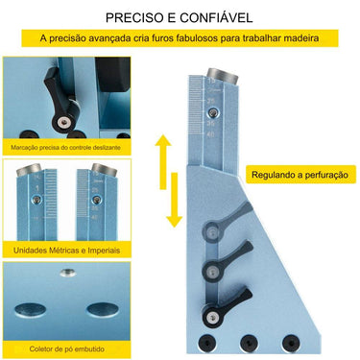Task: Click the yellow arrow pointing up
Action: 164,154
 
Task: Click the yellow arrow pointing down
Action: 174,204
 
